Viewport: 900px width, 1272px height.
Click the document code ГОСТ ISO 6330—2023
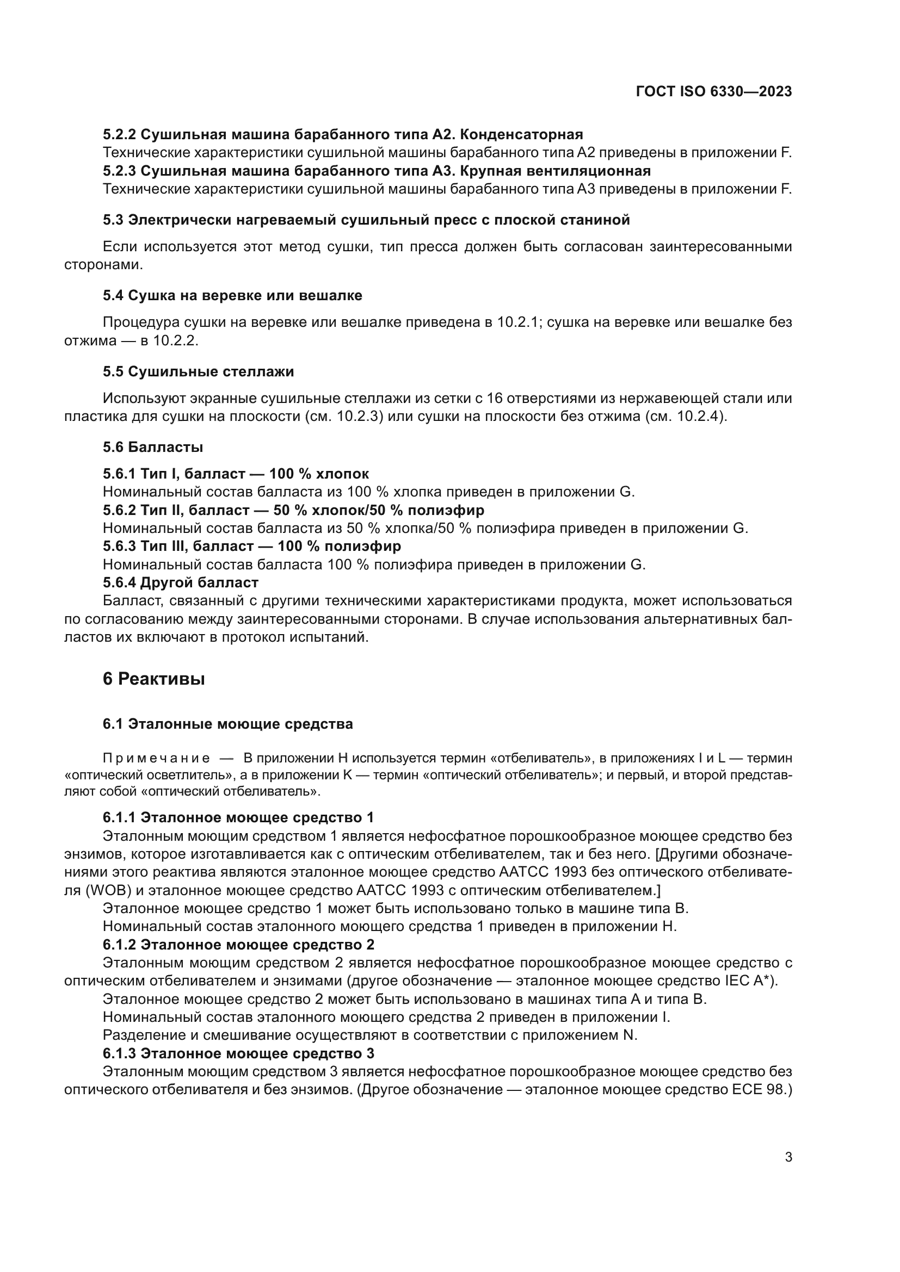714,92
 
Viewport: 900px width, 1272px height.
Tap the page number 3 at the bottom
788,1157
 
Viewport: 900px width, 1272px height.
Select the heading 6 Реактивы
153,679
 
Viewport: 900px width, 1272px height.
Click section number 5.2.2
119,135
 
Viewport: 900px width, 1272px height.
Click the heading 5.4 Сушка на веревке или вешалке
232,296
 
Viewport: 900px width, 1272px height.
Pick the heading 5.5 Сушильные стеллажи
198,371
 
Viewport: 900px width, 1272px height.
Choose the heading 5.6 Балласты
152,447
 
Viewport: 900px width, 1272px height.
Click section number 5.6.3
119,546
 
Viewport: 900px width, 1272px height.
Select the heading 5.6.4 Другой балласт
180,583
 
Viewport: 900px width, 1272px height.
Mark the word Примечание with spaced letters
156,759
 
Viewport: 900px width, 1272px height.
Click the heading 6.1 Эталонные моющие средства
227,724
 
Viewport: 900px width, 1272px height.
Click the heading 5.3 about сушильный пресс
366,220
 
